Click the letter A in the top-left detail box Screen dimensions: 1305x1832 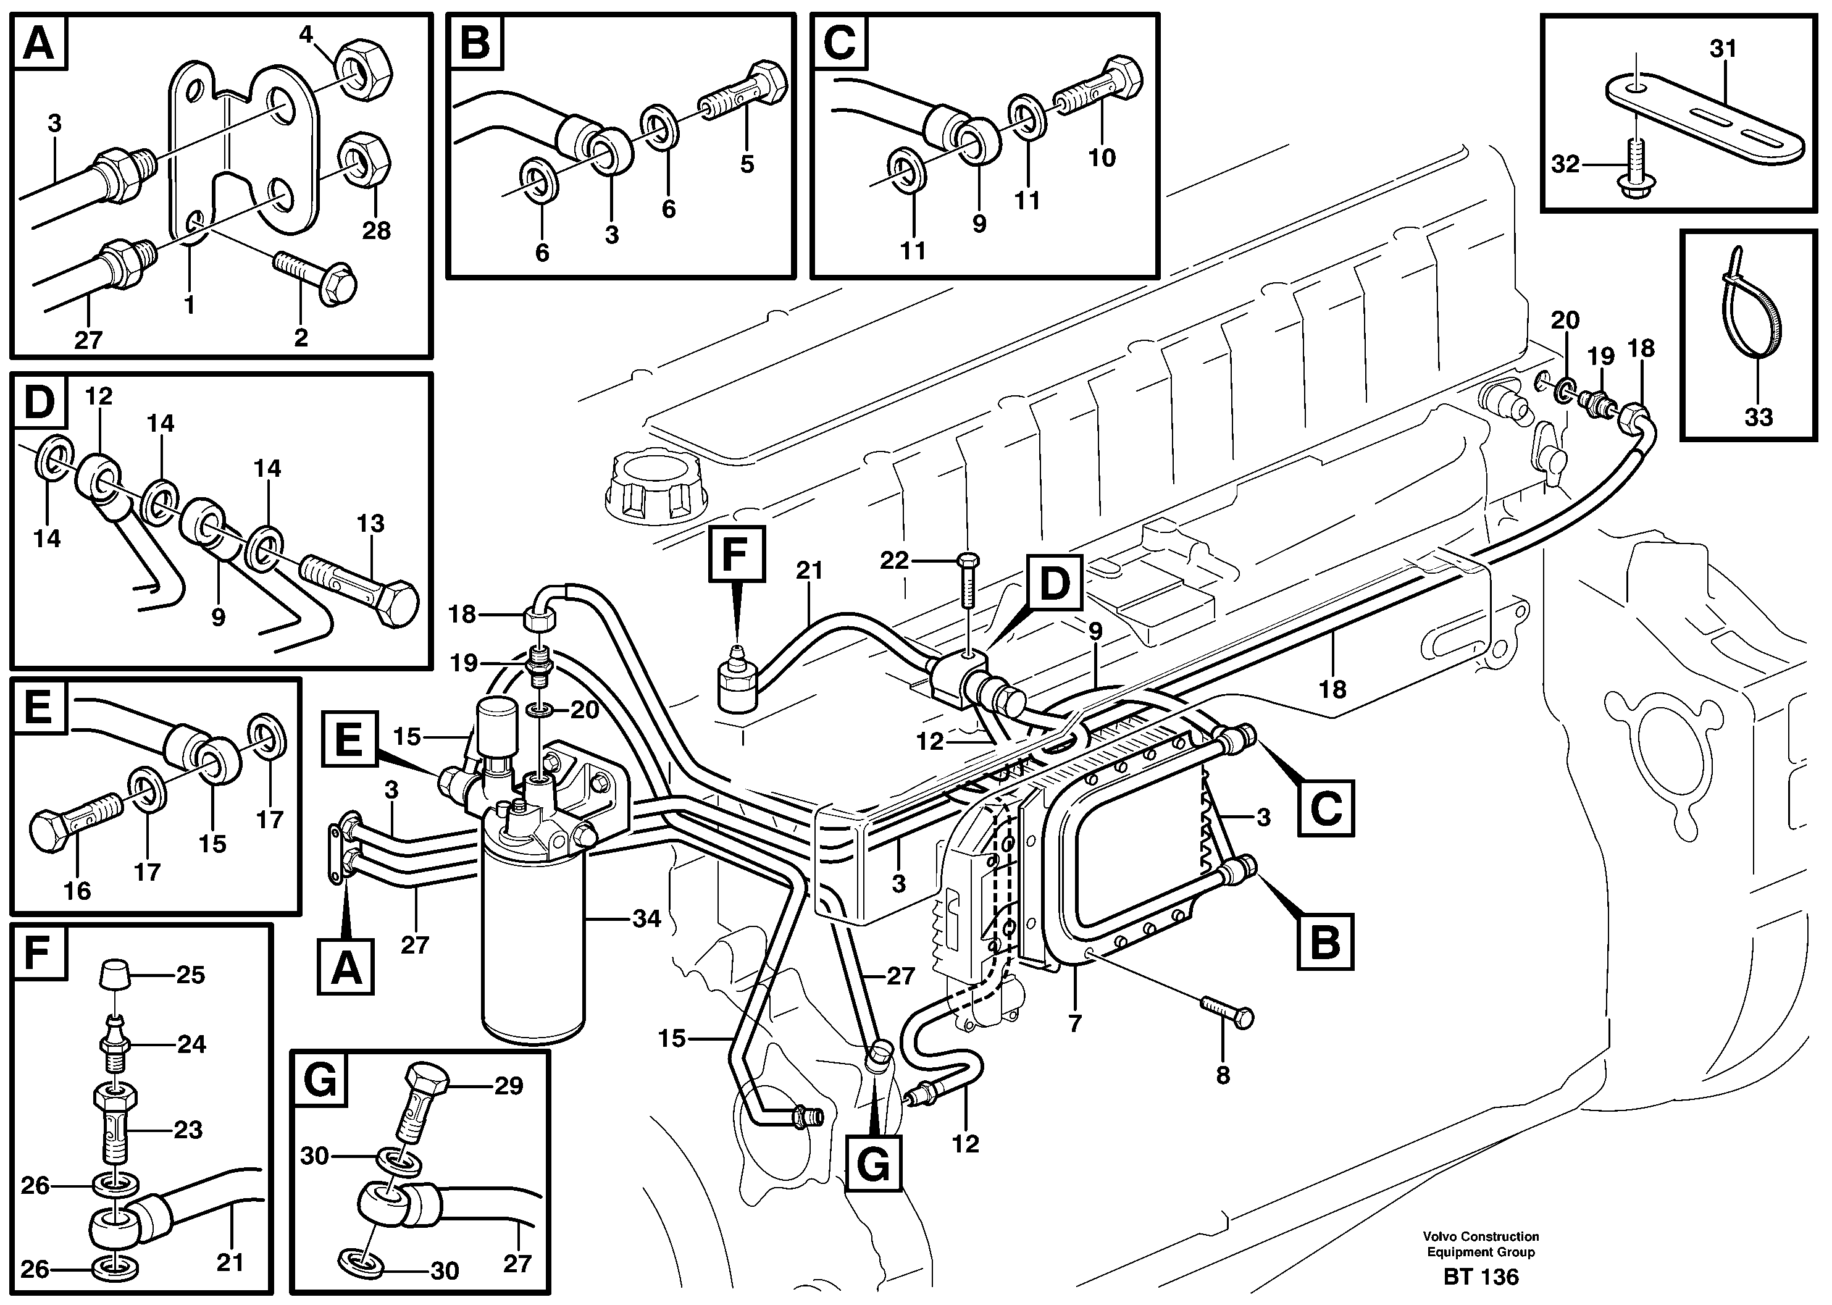(x=38, y=43)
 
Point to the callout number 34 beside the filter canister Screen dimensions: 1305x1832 (x=646, y=918)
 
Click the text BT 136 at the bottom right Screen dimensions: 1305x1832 (x=1480, y=1277)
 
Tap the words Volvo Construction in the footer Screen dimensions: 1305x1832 (x=1480, y=1236)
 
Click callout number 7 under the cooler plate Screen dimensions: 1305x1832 (x=1074, y=1023)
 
